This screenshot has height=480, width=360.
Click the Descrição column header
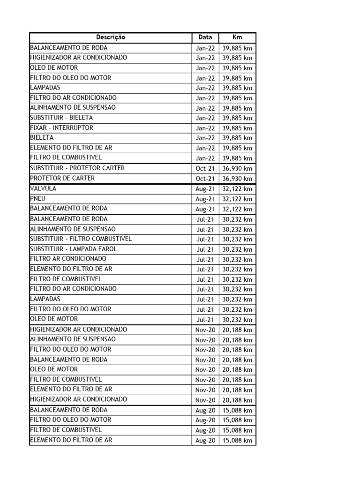tap(111, 37)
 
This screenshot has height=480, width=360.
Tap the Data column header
tap(205, 37)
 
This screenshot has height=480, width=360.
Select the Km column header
tap(237, 37)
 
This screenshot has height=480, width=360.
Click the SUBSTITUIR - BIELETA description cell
tap(61, 118)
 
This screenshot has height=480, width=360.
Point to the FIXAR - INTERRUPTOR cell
tap(61, 128)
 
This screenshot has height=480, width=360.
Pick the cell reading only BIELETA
tap(42, 138)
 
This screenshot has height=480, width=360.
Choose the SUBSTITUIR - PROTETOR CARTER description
tap(77, 168)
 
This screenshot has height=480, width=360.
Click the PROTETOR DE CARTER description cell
tap(62, 178)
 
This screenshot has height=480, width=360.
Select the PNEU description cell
tap(38, 199)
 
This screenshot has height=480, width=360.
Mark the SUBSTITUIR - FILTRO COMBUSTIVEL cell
tap(81, 239)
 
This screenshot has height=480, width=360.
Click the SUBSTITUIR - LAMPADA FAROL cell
tap(74, 249)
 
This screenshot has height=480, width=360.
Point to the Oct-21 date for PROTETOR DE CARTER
tap(205, 179)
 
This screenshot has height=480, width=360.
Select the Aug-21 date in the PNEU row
tap(205, 199)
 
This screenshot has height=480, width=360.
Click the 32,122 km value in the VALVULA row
tap(237, 189)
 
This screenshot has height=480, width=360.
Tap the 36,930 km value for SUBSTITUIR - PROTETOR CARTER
tap(237, 168)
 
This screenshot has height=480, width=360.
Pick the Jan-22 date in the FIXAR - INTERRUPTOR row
tap(205, 128)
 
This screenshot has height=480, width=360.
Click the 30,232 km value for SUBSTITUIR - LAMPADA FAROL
tap(237, 249)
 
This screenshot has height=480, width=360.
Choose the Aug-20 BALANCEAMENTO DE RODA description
tap(68, 410)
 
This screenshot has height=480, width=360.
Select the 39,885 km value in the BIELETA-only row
tap(237, 138)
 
